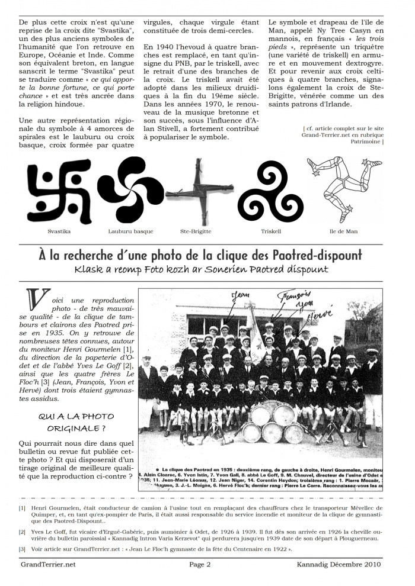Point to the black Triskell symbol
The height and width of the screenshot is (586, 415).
(264, 191)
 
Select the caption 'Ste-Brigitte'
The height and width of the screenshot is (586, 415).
(196, 231)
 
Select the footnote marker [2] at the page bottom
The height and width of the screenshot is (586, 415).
(22, 532)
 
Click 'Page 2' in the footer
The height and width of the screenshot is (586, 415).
(200, 565)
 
